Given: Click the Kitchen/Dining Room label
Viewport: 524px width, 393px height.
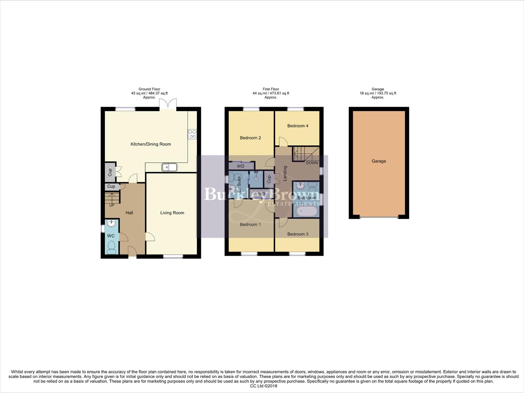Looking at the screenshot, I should (151, 144).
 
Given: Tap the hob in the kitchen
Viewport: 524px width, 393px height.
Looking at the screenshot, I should (192, 134).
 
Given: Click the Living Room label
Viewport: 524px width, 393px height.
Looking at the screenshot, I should (172, 213).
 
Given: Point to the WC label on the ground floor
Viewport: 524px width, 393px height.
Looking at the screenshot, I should (111, 236).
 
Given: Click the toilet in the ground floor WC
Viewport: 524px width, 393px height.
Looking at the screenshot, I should (111, 249).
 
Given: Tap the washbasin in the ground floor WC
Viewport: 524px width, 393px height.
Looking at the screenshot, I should (111, 223).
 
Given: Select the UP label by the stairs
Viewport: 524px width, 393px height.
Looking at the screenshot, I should (112, 205).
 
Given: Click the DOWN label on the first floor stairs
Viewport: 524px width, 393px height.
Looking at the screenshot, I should (312, 163).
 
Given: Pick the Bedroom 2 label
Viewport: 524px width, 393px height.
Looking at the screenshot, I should (250, 138).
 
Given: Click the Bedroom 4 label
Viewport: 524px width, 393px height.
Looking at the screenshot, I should (297, 126).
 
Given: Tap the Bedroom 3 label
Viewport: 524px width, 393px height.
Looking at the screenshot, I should (297, 234).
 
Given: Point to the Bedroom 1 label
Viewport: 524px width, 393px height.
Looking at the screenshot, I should (250, 225).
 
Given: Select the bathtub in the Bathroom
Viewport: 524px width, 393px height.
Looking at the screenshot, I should (307, 212).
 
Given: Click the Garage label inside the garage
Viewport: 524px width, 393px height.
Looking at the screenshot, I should (379, 161).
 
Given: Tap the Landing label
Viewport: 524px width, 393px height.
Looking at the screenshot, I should (285, 173).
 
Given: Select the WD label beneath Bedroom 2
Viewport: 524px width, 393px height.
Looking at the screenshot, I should (240, 166).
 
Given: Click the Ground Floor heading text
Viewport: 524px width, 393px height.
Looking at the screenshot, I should (149, 89).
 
